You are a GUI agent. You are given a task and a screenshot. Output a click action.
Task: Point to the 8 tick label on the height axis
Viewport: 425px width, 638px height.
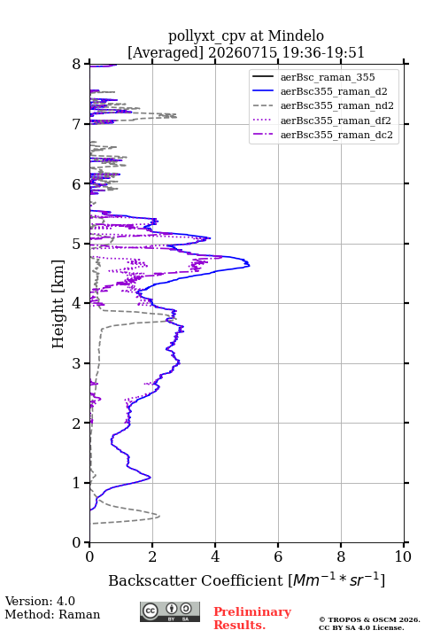pos(77,65)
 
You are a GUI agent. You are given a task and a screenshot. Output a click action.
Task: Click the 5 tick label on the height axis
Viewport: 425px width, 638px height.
pos(77,245)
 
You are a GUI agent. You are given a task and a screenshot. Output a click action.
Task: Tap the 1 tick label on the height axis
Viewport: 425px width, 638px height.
pos(77,483)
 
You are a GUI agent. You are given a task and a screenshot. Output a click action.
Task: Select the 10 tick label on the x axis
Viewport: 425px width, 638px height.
pos(403,556)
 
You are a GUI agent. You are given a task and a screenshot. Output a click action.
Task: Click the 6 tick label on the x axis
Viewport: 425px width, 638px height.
pos(278,556)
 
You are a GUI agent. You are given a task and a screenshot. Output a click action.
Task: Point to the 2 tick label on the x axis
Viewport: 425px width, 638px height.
pos(152,556)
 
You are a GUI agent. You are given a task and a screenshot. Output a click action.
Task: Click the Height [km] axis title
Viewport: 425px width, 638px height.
pos(58,304)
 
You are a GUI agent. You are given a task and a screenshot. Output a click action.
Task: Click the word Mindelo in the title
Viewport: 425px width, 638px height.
pos(296,35)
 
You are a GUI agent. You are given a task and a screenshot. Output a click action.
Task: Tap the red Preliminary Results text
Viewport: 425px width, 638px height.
pos(252,619)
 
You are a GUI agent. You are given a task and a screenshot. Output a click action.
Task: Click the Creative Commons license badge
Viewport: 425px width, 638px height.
pos(170,612)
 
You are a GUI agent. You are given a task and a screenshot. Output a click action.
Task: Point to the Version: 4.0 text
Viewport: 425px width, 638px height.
pos(40,601)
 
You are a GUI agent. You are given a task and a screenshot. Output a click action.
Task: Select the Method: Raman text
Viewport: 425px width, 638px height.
pos(52,614)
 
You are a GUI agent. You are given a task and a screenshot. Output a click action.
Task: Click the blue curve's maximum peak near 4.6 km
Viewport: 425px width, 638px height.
pos(250,265)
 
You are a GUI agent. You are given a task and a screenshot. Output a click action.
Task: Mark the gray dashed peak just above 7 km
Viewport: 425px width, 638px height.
pos(175,116)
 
